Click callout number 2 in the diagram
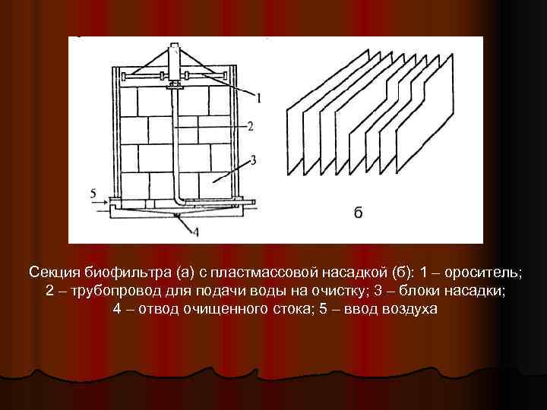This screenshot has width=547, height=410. tap(249, 124)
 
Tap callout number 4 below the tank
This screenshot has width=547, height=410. tap(195, 231)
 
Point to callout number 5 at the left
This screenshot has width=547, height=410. tap(93, 194)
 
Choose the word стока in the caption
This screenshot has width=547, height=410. tap(301, 311)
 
